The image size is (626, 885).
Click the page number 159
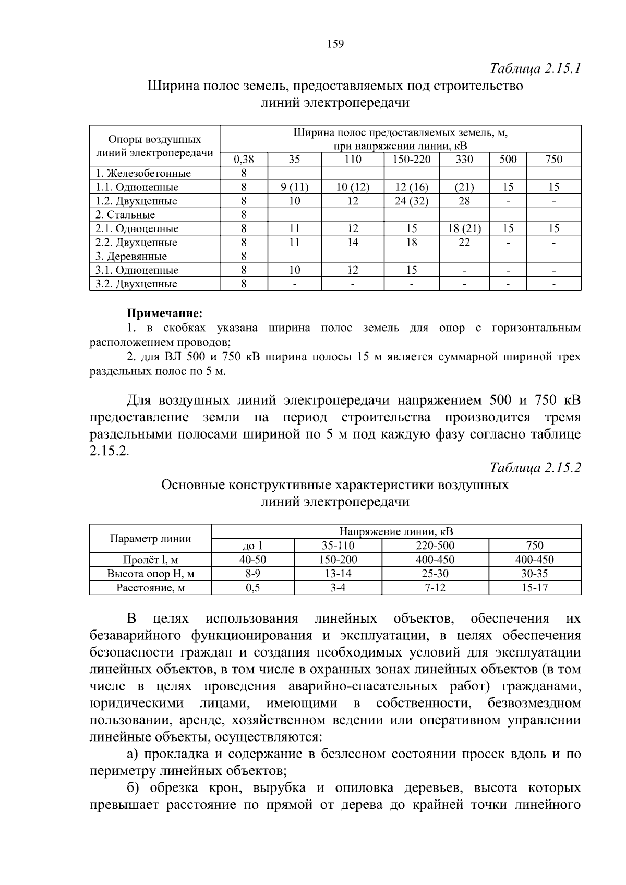(335, 44)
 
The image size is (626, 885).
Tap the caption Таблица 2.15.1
(535, 69)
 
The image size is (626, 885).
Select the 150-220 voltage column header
(412, 160)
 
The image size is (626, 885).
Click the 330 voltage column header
(464, 160)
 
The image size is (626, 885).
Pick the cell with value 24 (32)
(412, 201)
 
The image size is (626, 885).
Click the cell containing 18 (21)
(464, 228)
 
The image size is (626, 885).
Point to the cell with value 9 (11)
(294, 187)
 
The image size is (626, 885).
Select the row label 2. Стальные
(125, 215)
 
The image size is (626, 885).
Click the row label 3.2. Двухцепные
(136, 284)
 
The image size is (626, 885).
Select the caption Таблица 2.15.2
(535, 468)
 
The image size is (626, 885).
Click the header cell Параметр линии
(151, 539)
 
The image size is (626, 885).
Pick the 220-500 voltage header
(435, 546)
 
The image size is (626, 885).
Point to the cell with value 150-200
(338, 560)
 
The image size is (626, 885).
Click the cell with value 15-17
(535, 588)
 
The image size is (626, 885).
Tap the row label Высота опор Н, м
(151, 574)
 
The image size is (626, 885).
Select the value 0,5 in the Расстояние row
(253, 588)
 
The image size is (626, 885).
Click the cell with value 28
(464, 201)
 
